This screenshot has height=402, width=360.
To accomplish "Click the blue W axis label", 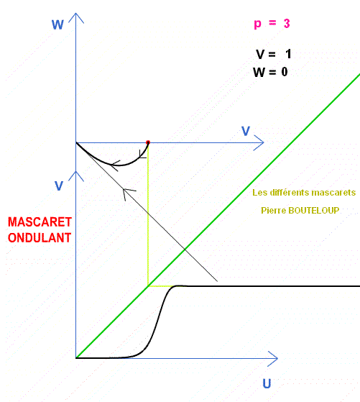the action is click(57, 25).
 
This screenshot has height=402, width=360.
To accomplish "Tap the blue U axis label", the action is click(267, 384).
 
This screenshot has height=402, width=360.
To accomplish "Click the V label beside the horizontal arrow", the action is click(246, 131).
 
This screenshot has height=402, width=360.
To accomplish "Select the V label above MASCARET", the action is click(59, 186).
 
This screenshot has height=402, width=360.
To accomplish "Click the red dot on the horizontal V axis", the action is click(148, 142).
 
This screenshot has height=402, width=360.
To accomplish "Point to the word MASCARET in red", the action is click(40, 222).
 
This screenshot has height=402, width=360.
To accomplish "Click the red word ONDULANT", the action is click(40, 238).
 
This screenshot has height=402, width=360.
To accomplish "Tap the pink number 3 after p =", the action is click(287, 24).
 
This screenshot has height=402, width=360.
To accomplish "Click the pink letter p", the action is click(257, 24).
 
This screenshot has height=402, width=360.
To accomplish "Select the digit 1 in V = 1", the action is click(289, 54).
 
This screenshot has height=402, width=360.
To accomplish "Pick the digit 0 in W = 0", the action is click(285, 72).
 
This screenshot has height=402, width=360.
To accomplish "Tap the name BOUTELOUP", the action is click(313, 211).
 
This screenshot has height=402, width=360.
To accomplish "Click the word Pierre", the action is click(274, 211).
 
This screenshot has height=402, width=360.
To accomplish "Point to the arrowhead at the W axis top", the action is click(76, 17).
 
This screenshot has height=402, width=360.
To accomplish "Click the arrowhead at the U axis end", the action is click(273, 358).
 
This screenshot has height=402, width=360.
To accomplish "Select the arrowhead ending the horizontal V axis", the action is click(259, 142).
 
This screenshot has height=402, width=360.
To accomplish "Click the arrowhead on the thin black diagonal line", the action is click(127, 193).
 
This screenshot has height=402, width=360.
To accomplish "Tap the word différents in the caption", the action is click(284, 193).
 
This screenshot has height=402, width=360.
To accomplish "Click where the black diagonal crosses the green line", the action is click(185, 249).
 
